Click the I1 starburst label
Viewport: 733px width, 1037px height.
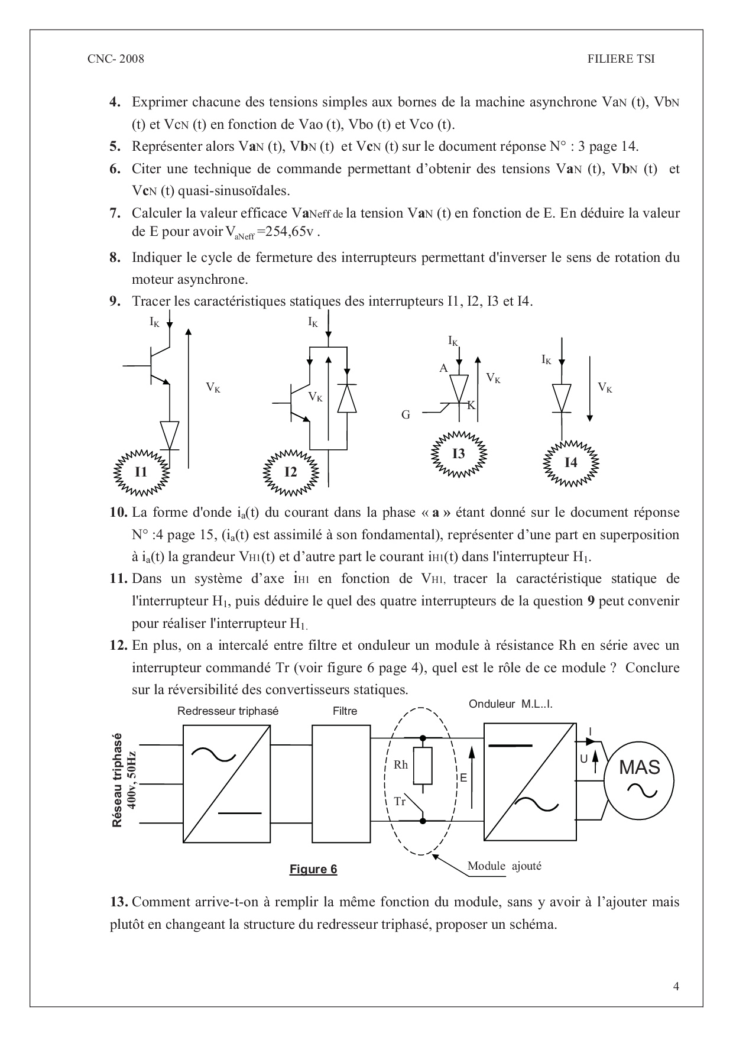pos(141,472)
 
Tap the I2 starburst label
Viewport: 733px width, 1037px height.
pos(290,472)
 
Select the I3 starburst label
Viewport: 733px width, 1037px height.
pos(459,454)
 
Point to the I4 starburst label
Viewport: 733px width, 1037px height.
pos(570,462)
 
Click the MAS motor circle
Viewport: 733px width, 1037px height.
pos(640,776)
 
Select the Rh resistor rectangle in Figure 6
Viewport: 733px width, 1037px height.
pos(423,764)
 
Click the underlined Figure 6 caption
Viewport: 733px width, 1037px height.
pos(313,869)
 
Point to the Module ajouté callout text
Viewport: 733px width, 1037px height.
pos(504,866)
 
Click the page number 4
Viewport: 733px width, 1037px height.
pos(676,986)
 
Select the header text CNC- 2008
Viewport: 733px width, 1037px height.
pos(115,59)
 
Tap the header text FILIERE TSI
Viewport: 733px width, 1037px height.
pos(621,59)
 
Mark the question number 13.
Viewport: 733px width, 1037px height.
pos(119,902)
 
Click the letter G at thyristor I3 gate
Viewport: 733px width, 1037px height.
pos(406,415)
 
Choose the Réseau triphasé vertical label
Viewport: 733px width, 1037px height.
pos(117,780)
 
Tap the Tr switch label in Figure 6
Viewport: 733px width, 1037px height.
pos(400,802)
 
